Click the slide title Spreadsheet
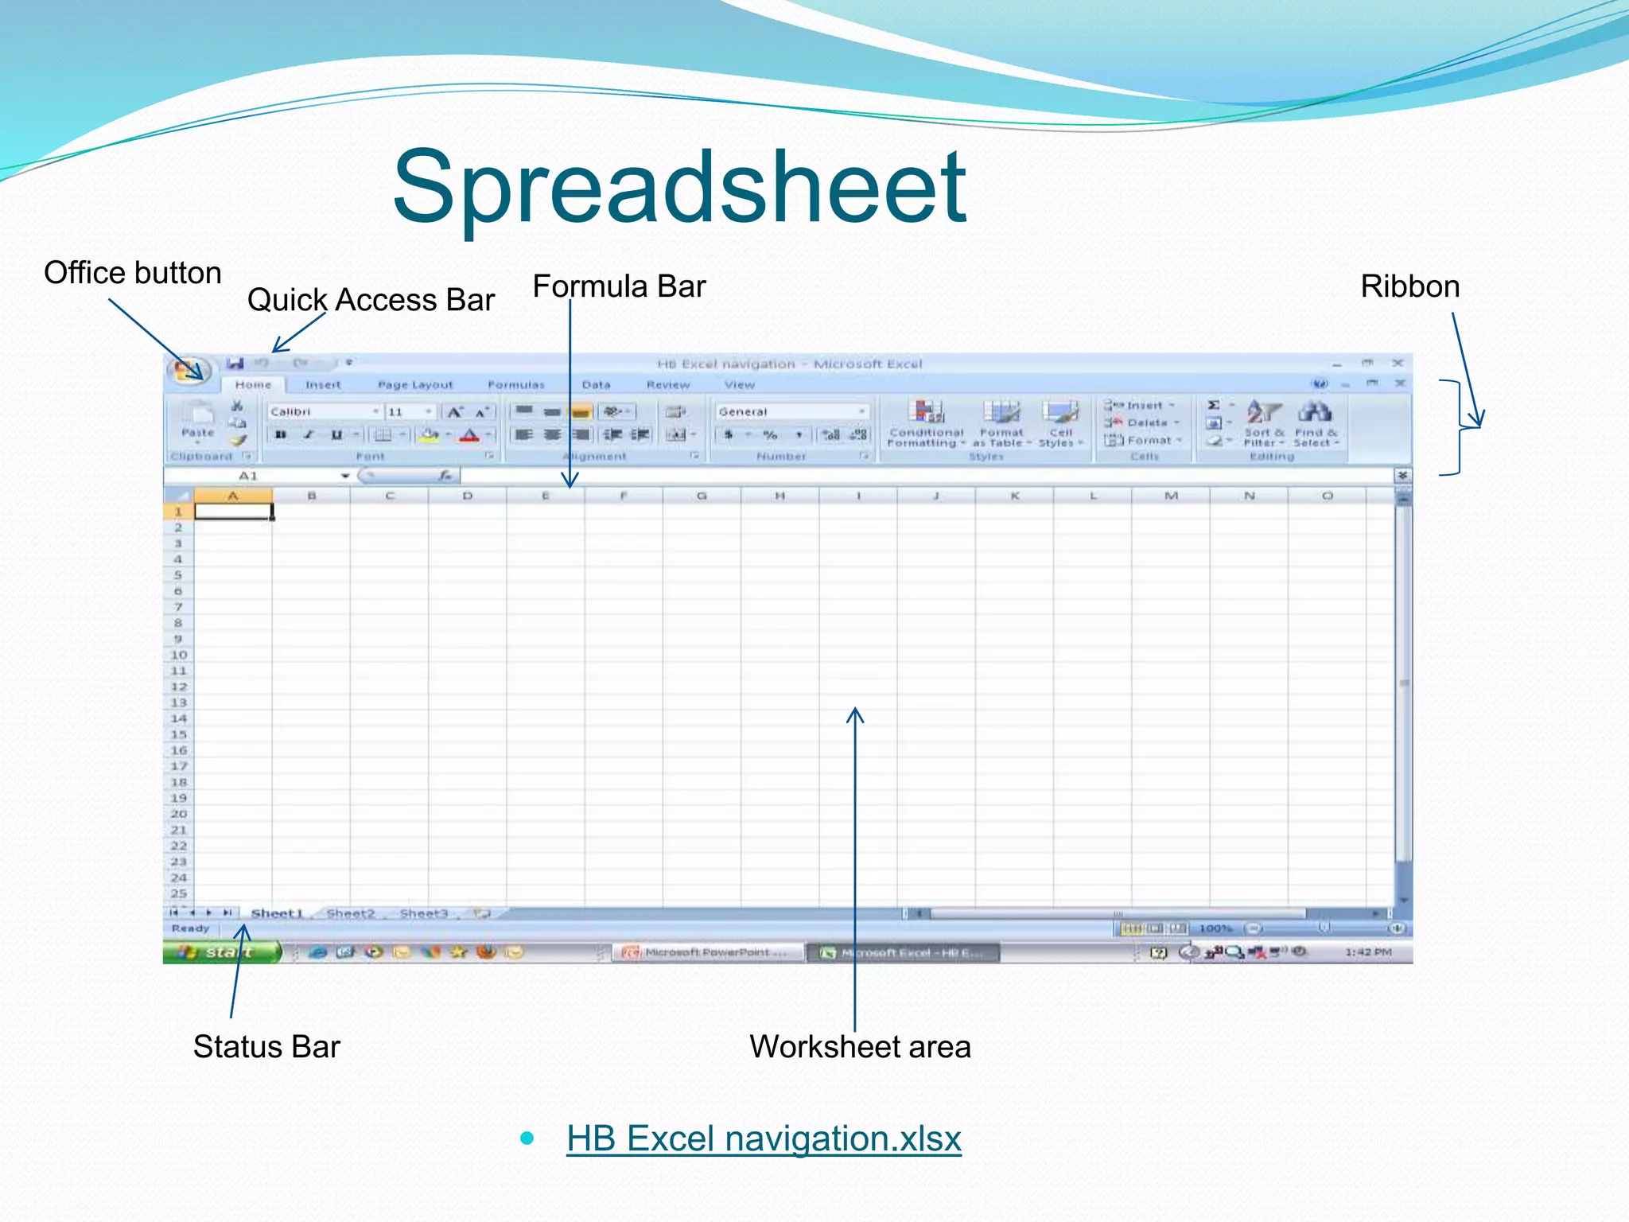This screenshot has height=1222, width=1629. pyautogui.click(x=679, y=188)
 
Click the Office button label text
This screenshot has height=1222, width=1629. pyautogui.click(x=132, y=273)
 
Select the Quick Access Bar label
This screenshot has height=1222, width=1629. pyautogui.click(x=371, y=300)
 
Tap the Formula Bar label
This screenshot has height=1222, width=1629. pyautogui.click(x=619, y=286)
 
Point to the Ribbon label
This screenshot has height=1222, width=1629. pyautogui.click(x=1409, y=286)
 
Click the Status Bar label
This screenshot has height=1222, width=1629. pyautogui.click(x=266, y=1046)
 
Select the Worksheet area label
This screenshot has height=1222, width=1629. pyautogui.click(x=860, y=1046)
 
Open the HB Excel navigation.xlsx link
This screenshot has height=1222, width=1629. pyautogui.click(x=764, y=1138)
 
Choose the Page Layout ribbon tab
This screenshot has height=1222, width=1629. pyautogui.click(x=415, y=385)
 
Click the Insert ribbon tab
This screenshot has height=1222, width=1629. pyautogui.click(x=323, y=385)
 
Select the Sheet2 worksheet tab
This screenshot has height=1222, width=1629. pyautogui.click(x=350, y=913)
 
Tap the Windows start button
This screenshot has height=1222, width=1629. pyautogui.click(x=222, y=952)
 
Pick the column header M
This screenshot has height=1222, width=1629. pyautogui.click(x=1171, y=496)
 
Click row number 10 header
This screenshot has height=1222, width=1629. pyautogui.click(x=178, y=655)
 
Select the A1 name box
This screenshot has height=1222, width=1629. pyautogui.click(x=248, y=476)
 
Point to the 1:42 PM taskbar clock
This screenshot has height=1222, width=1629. pyautogui.click(x=1368, y=952)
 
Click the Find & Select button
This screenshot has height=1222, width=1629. pyautogui.click(x=1316, y=425)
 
